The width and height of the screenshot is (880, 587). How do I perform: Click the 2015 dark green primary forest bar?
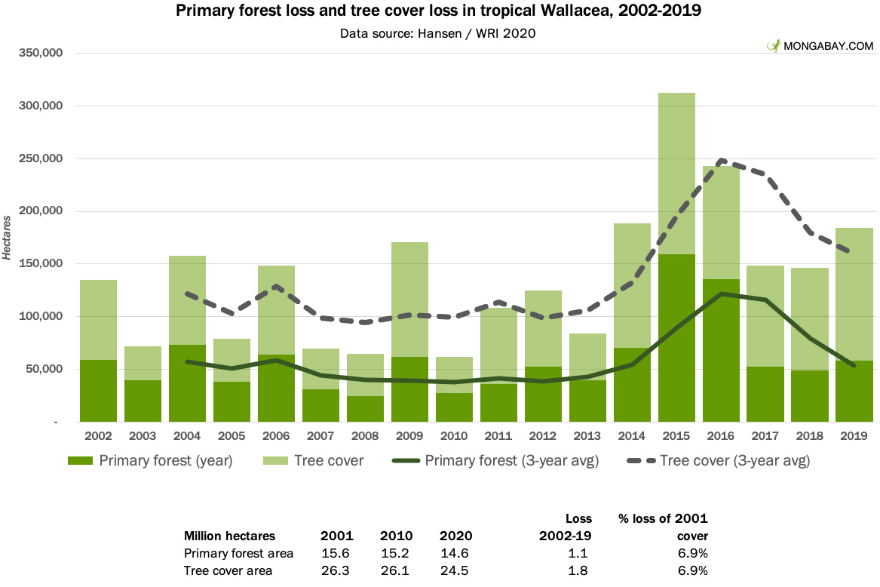[x=676, y=338]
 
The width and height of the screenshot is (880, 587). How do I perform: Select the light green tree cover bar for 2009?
[x=409, y=300]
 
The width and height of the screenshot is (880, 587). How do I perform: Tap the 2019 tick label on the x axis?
[x=854, y=436]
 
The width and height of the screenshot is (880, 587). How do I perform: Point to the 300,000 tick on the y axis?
[x=41, y=106]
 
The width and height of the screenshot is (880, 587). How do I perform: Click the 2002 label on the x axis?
[x=98, y=436]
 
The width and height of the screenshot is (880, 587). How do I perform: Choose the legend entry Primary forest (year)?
[x=150, y=460]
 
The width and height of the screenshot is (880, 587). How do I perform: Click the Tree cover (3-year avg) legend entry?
[x=719, y=460]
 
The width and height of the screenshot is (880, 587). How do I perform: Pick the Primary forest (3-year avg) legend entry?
[x=495, y=460]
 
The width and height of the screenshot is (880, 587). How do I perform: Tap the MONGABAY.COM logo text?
[x=828, y=46]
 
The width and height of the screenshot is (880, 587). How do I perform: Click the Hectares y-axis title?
[x=7, y=238]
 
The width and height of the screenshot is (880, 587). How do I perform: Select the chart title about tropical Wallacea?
[x=438, y=11]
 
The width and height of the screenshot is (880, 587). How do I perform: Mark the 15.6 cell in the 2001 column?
[x=336, y=553]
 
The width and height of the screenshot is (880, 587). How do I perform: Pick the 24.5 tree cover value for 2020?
[x=454, y=570]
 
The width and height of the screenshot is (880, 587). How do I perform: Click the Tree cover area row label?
[x=228, y=570]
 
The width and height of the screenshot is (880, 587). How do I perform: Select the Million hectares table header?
[x=229, y=536]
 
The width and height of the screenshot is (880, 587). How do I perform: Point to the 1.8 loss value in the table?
[x=578, y=570]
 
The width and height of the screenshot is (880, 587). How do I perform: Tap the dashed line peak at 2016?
[x=721, y=161]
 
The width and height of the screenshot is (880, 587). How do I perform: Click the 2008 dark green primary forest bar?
[x=366, y=409]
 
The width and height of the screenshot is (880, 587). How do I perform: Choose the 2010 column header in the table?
[x=396, y=536]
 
